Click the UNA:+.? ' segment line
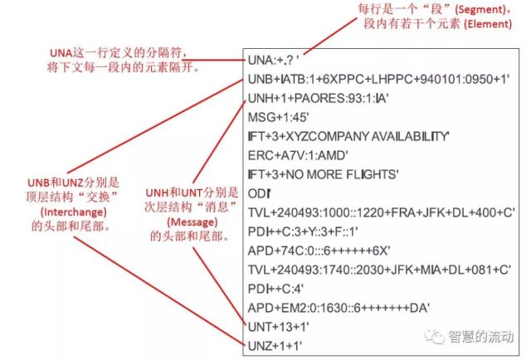pyautogui.click(x=273, y=61)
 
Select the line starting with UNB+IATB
pyautogui.click(x=378, y=80)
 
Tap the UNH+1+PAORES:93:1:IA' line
pyautogui.click(x=318, y=98)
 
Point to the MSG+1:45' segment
pyautogui.click(x=279, y=118)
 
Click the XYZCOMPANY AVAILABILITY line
pyautogui.click(x=348, y=137)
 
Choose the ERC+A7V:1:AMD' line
pyautogui.click(x=298, y=155)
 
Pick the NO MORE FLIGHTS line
pyautogui.click(x=323, y=174)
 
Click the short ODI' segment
pyautogui.click(x=259, y=194)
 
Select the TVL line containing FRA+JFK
pyautogui.click(x=382, y=212)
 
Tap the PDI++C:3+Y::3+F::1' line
pyautogui.click(x=303, y=231)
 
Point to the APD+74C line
pyautogui.click(x=319, y=251)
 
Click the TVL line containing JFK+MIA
pyautogui.click(x=379, y=270)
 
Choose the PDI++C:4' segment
pyautogui.click(x=275, y=289)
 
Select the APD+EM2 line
pyautogui.click(x=339, y=308)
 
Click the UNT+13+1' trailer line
pyautogui.click(x=279, y=327)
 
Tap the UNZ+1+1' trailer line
pyautogui.click(x=275, y=346)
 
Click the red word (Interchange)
pyautogui.click(x=74, y=212)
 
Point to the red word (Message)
pyautogui.click(x=192, y=222)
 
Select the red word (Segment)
pyautogui.click(x=480, y=9)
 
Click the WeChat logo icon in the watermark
pyautogui.click(x=434, y=336)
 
